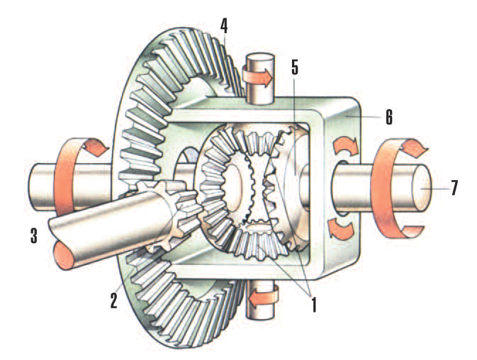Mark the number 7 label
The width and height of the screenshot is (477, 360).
click(x=454, y=188)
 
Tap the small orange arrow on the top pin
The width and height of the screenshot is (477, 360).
click(x=259, y=77)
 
